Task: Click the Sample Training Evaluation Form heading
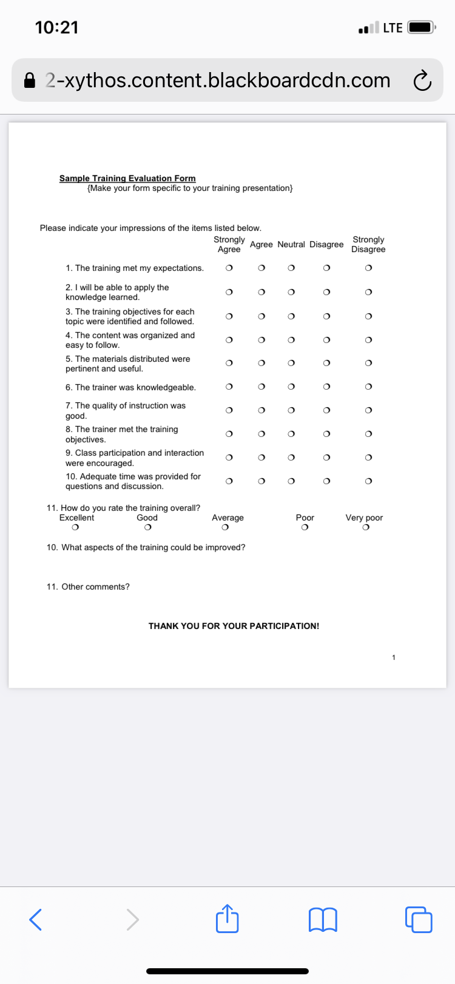click(127, 178)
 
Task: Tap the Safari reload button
click(422, 81)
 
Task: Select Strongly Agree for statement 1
click(229, 268)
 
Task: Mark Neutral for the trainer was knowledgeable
click(291, 387)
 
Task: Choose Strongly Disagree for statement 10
click(368, 481)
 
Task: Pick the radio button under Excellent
click(75, 528)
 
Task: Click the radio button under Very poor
click(365, 528)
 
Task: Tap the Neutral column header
click(291, 244)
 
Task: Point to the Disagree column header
click(326, 244)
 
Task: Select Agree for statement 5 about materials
click(261, 363)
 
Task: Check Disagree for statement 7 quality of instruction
click(326, 410)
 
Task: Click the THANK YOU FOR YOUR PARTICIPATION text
click(234, 626)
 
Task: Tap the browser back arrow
click(36, 919)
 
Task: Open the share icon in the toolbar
click(227, 919)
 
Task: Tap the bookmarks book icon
click(323, 919)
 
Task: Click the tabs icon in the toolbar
click(419, 919)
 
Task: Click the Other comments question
click(88, 587)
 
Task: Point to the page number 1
click(394, 657)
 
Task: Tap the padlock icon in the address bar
click(30, 81)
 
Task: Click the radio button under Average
click(225, 528)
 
